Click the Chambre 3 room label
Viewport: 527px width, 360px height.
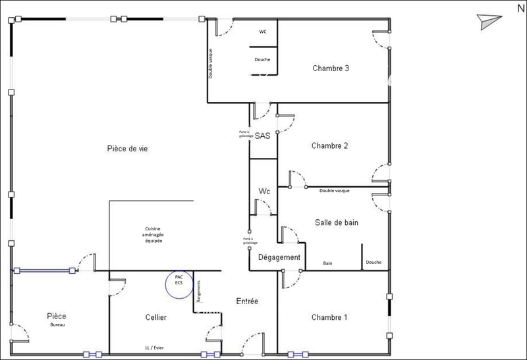pyautogui.click(x=331, y=68)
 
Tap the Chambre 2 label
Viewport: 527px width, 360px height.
pyautogui.click(x=329, y=145)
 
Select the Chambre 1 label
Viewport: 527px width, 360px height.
pyautogui.click(x=329, y=317)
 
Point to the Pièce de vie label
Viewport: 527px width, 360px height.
pyautogui.click(x=127, y=149)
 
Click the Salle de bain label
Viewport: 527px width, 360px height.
pyautogui.click(x=337, y=222)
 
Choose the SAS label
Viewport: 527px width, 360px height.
pyautogui.click(x=262, y=136)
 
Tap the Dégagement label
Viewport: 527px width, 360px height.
pyautogui.click(x=279, y=257)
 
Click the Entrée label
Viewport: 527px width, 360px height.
pyautogui.click(x=247, y=301)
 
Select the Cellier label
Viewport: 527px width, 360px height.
pyautogui.click(x=155, y=317)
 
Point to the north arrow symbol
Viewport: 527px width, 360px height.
pyautogui.click(x=489, y=22)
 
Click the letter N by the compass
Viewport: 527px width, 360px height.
pyautogui.click(x=521, y=8)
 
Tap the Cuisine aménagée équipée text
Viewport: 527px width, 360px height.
pyautogui.click(x=153, y=235)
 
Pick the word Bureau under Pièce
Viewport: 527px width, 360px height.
pyautogui.click(x=57, y=324)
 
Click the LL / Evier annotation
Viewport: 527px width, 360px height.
pyautogui.click(x=154, y=348)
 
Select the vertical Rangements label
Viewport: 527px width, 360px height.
pyautogui.click(x=199, y=291)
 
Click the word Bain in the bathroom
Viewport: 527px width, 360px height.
pyautogui.click(x=327, y=263)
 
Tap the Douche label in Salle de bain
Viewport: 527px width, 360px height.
pyautogui.click(x=374, y=263)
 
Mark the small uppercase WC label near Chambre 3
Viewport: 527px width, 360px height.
pyautogui.click(x=263, y=32)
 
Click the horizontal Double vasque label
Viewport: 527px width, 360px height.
pyautogui.click(x=335, y=191)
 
